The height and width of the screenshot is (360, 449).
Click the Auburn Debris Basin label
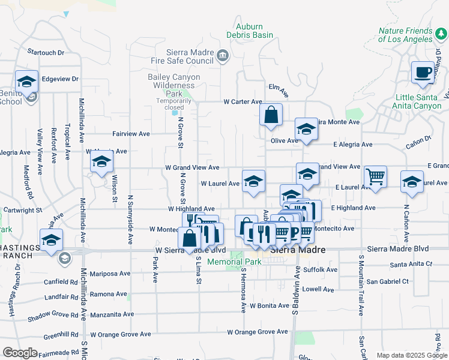[254, 31]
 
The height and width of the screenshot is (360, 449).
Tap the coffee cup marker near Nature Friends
[423, 73]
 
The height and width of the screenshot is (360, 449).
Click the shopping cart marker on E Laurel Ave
[376, 176]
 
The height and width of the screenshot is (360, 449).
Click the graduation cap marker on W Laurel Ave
[254, 181]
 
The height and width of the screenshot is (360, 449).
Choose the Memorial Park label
[227, 262]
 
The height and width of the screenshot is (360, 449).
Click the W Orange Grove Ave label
[258, 332]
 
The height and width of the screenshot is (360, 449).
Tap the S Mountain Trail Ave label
[361, 286]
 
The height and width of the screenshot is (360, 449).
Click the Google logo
[20, 353]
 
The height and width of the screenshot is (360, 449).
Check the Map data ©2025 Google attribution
[411, 355]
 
